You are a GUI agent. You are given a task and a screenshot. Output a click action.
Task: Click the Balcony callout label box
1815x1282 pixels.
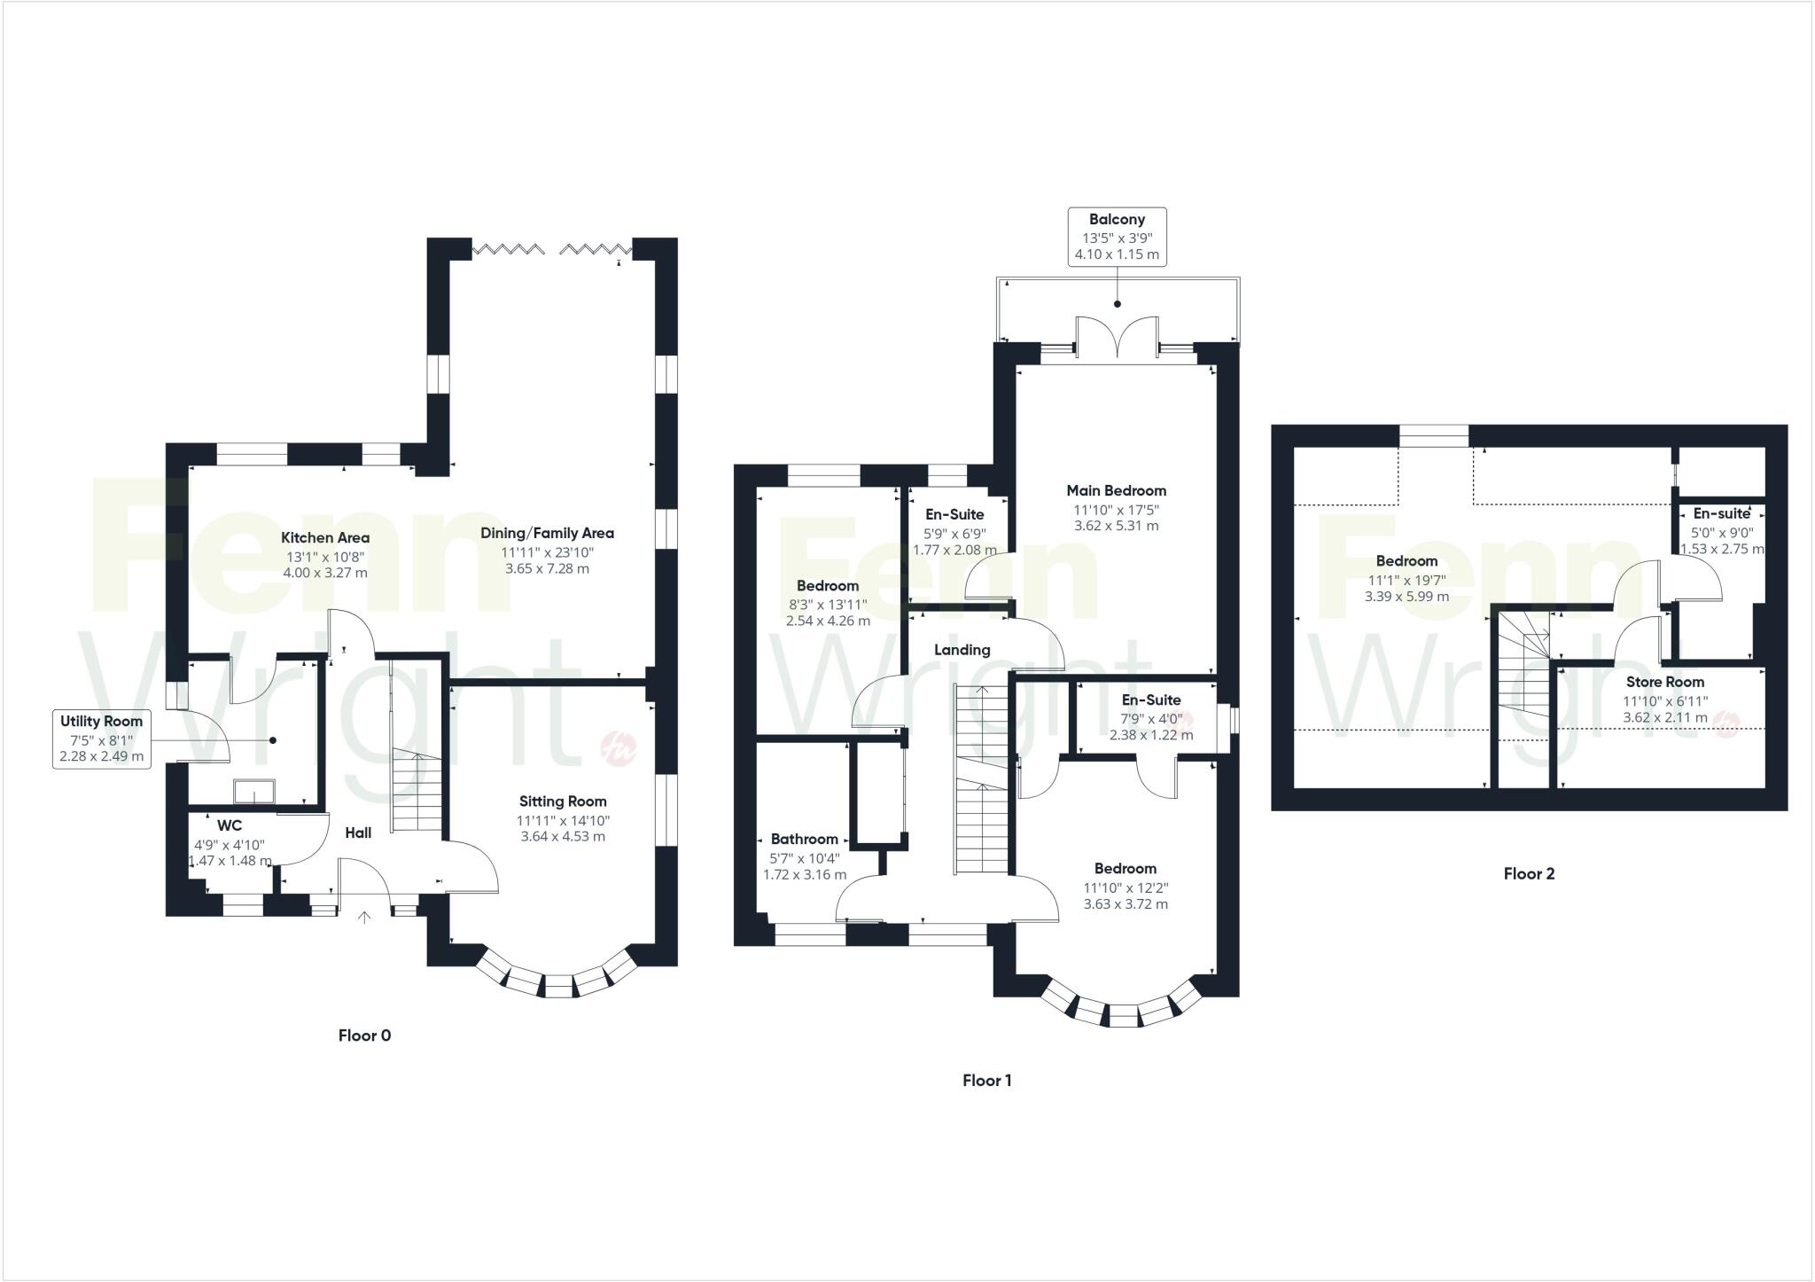[x=1116, y=237]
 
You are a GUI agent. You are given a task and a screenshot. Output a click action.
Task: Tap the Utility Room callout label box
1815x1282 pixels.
[x=101, y=739]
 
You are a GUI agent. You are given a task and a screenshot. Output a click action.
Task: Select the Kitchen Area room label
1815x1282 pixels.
[x=325, y=537]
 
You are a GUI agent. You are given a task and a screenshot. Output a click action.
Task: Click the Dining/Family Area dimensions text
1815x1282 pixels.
[x=548, y=559]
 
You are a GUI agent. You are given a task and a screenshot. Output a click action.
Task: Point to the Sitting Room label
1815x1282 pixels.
[x=563, y=801]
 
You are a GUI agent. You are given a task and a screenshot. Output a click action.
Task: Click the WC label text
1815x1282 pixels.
[x=229, y=825]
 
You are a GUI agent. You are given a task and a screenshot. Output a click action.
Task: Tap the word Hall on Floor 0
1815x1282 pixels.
[x=358, y=833]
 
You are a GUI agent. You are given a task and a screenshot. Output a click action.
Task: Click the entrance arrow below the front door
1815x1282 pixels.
[x=363, y=917]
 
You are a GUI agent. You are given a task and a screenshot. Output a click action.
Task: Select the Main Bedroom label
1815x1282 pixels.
[x=1116, y=490]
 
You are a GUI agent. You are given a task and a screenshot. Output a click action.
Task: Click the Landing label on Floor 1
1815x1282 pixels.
[x=962, y=650]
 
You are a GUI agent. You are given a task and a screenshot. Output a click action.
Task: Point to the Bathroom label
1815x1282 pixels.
[x=804, y=839]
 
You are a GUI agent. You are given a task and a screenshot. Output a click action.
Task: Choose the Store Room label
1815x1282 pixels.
[x=1664, y=682]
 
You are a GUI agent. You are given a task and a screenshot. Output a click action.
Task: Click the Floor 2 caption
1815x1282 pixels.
[x=1529, y=873]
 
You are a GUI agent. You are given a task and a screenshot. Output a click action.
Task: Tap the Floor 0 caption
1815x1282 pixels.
[x=364, y=1035]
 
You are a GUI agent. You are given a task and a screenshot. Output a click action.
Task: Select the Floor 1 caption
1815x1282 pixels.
[x=986, y=1080]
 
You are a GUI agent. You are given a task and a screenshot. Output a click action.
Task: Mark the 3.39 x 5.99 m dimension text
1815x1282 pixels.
[x=1406, y=597]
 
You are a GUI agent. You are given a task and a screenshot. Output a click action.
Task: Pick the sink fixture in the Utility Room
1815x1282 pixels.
[x=253, y=790]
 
